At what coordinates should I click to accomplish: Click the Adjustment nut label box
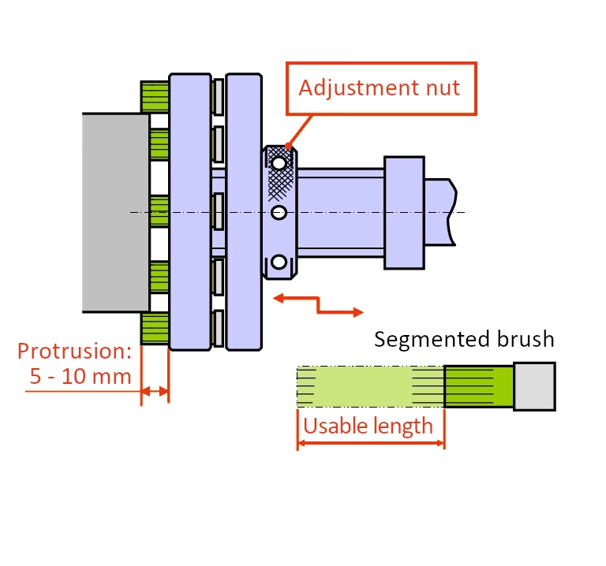pyautogui.click(x=381, y=88)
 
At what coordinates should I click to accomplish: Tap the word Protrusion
pyautogui.click(x=74, y=351)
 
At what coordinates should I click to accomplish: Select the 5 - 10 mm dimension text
pyautogui.click(x=80, y=376)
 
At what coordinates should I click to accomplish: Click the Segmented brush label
pyautogui.click(x=464, y=340)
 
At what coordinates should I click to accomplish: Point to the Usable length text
pyautogui.click(x=368, y=426)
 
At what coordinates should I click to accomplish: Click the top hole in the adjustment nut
pyautogui.click(x=279, y=163)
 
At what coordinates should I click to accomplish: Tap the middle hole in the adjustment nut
pyautogui.click(x=279, y=212)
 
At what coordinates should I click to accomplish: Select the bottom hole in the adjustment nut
pyautogui.click(x=279, y=262)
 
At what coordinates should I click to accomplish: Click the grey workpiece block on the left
pyautogui.click(x=115, y=213)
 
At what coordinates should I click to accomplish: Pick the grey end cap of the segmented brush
pyautogui.click(x=534, y=386)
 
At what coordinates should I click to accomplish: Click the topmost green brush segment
pyautogui.click(x=155, y=96)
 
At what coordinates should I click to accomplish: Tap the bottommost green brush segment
pyautogui.click(x=155, y=328)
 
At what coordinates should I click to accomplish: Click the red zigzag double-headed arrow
pyautogui.click(x=318, y=304)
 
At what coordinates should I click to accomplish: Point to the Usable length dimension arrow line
pyautogui.click(x=371, y=443)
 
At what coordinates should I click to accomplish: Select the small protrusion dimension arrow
pyautogui.click(x=155, y=392)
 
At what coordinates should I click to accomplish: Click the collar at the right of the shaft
pyautogui.click(x=404, y=212)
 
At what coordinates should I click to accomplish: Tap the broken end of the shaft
pyautogui.click(x=452, y=212)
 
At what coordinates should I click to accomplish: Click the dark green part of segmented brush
pyautogui.click(x=479, y=386)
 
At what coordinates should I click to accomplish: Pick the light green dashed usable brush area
pyautogui.click(x=370, y=386)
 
